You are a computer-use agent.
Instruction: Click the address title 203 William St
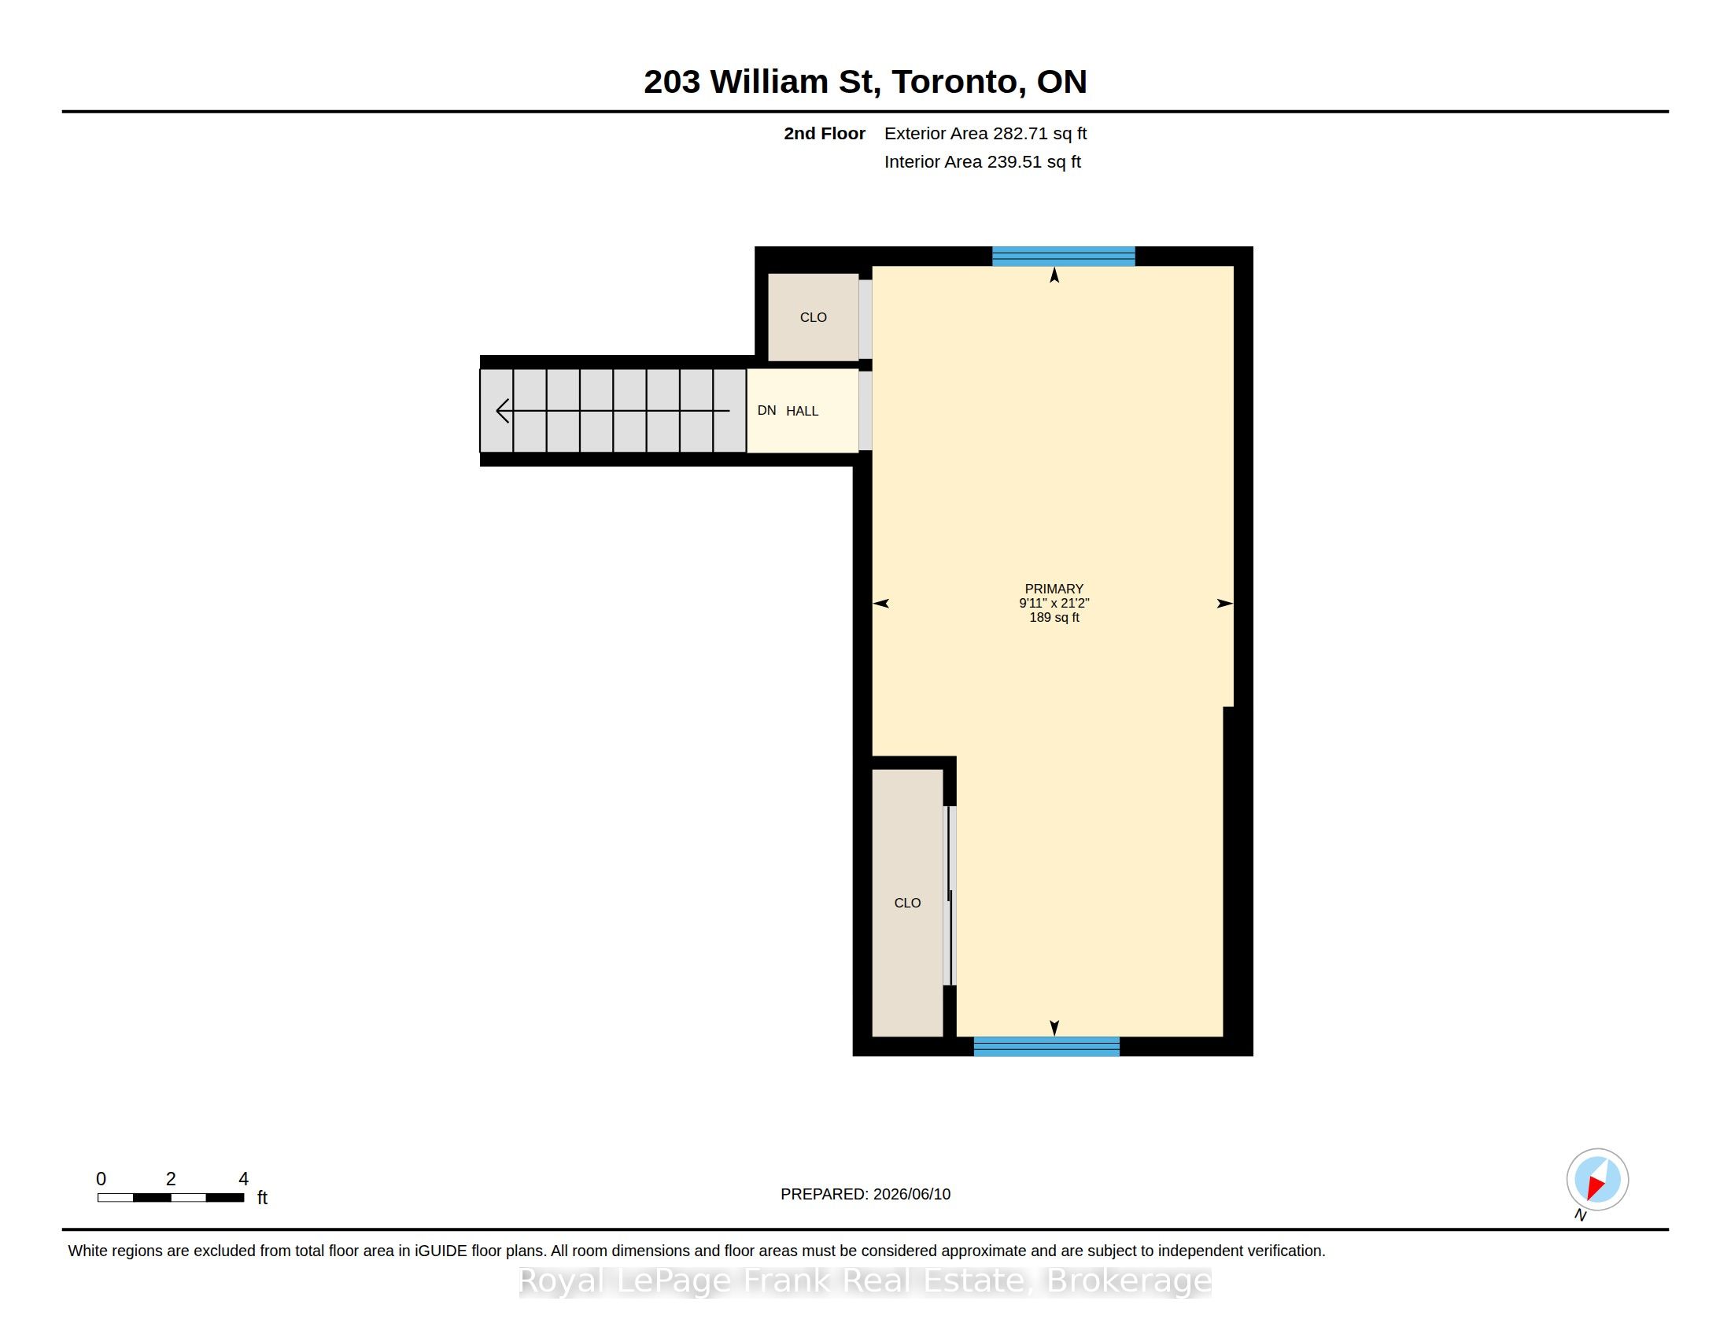(758, 82)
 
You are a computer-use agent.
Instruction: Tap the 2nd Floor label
(825, 133)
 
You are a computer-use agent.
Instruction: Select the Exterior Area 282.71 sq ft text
(985, 133)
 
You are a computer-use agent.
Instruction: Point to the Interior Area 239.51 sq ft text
(982, 161)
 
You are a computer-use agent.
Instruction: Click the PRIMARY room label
(1054, 589)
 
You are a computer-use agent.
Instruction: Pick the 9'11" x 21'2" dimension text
(1054, 603)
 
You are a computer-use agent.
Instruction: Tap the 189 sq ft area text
(1054, 618)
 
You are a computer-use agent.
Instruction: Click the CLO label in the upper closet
(814, 317)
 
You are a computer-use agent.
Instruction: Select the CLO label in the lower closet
(907, 903)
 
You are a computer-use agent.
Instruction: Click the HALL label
(802, 411)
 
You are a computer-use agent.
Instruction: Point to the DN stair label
(766, 410)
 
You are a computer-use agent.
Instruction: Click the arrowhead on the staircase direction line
(503, 411)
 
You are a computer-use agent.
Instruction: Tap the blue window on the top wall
(1064, 256)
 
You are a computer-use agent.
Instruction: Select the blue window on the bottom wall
(1046, 1046)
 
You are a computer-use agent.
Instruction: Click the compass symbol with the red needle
(1597, 1180)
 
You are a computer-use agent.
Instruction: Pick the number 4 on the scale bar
(243, 1179)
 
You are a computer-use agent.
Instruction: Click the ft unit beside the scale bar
(262, 1198)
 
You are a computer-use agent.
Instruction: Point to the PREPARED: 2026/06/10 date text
(865, 1194)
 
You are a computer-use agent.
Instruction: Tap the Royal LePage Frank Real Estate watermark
(865, 1281)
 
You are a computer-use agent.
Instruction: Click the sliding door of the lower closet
(950, 896)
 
